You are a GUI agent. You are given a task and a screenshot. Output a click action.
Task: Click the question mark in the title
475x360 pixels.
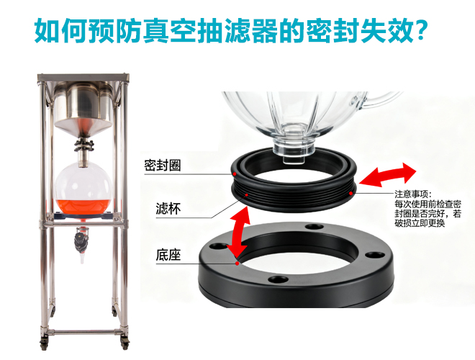420,30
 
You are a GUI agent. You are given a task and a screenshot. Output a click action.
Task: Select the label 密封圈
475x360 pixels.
163,166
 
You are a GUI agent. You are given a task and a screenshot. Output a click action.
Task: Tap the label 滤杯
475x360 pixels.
168,209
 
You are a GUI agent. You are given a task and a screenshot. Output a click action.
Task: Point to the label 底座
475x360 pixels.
168,255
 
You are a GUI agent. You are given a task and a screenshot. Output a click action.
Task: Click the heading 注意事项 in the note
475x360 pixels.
412,194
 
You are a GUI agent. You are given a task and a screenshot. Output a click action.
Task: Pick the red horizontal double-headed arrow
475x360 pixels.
388,174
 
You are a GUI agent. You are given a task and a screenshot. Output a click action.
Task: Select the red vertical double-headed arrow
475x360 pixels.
240,233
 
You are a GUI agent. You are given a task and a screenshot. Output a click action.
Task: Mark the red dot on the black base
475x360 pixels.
237,263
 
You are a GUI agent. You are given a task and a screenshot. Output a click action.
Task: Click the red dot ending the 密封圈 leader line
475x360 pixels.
235,174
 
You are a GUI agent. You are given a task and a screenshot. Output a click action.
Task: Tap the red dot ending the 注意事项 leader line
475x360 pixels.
350,193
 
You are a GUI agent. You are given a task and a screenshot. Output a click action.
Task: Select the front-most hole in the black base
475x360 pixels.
278,279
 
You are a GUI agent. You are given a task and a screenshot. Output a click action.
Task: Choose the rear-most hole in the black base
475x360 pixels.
315,227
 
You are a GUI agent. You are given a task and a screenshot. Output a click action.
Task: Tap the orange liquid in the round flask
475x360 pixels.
82,206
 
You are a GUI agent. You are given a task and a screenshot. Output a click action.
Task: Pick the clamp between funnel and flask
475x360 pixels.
83,145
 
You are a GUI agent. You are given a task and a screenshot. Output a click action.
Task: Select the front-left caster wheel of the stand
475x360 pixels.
44,343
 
